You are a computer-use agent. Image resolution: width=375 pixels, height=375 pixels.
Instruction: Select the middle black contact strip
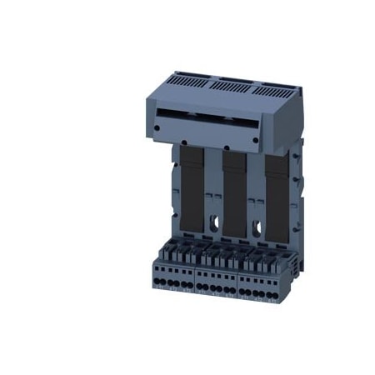click(x=235, y=187)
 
